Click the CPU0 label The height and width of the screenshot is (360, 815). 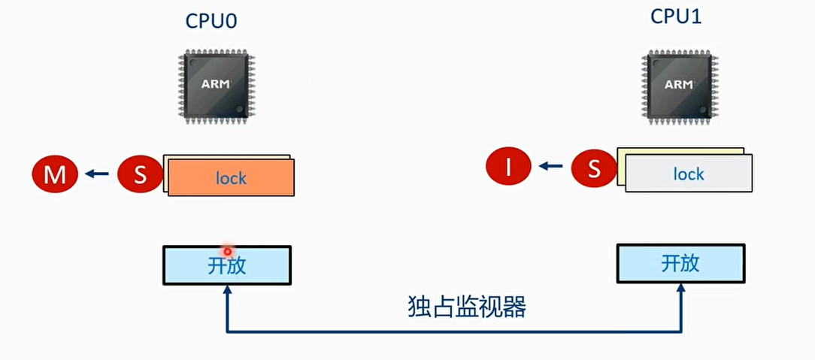211,20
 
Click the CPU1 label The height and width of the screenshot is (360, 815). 676,17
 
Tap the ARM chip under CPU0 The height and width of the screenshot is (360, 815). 214,84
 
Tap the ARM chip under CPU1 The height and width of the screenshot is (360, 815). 678,84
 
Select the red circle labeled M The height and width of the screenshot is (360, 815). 54,175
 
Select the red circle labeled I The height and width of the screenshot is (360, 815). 508,168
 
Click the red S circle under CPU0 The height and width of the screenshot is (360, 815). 140,175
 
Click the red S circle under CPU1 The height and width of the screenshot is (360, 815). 594,168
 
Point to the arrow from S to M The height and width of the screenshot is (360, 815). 96,174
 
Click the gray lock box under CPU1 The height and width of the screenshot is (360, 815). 688,174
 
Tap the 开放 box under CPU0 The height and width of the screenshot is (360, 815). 227,265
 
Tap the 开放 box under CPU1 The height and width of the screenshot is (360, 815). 680,263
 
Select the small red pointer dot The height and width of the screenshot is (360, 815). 226,251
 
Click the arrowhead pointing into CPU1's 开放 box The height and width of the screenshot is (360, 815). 681,289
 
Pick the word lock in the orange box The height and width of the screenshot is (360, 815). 231,178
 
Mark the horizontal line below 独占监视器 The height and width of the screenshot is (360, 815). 454,331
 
